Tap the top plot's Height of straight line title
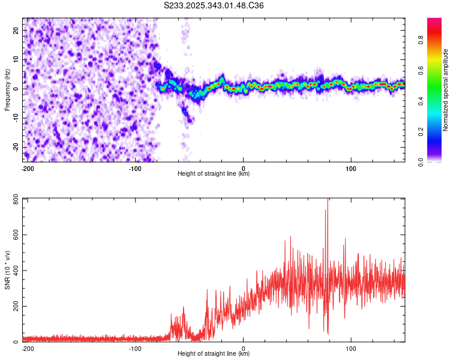click(214, 174)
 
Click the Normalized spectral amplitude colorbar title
click(446, 90)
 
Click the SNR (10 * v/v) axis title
click(8, 270)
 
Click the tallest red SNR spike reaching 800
click(327, 200)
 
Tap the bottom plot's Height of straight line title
click(214, 354)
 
